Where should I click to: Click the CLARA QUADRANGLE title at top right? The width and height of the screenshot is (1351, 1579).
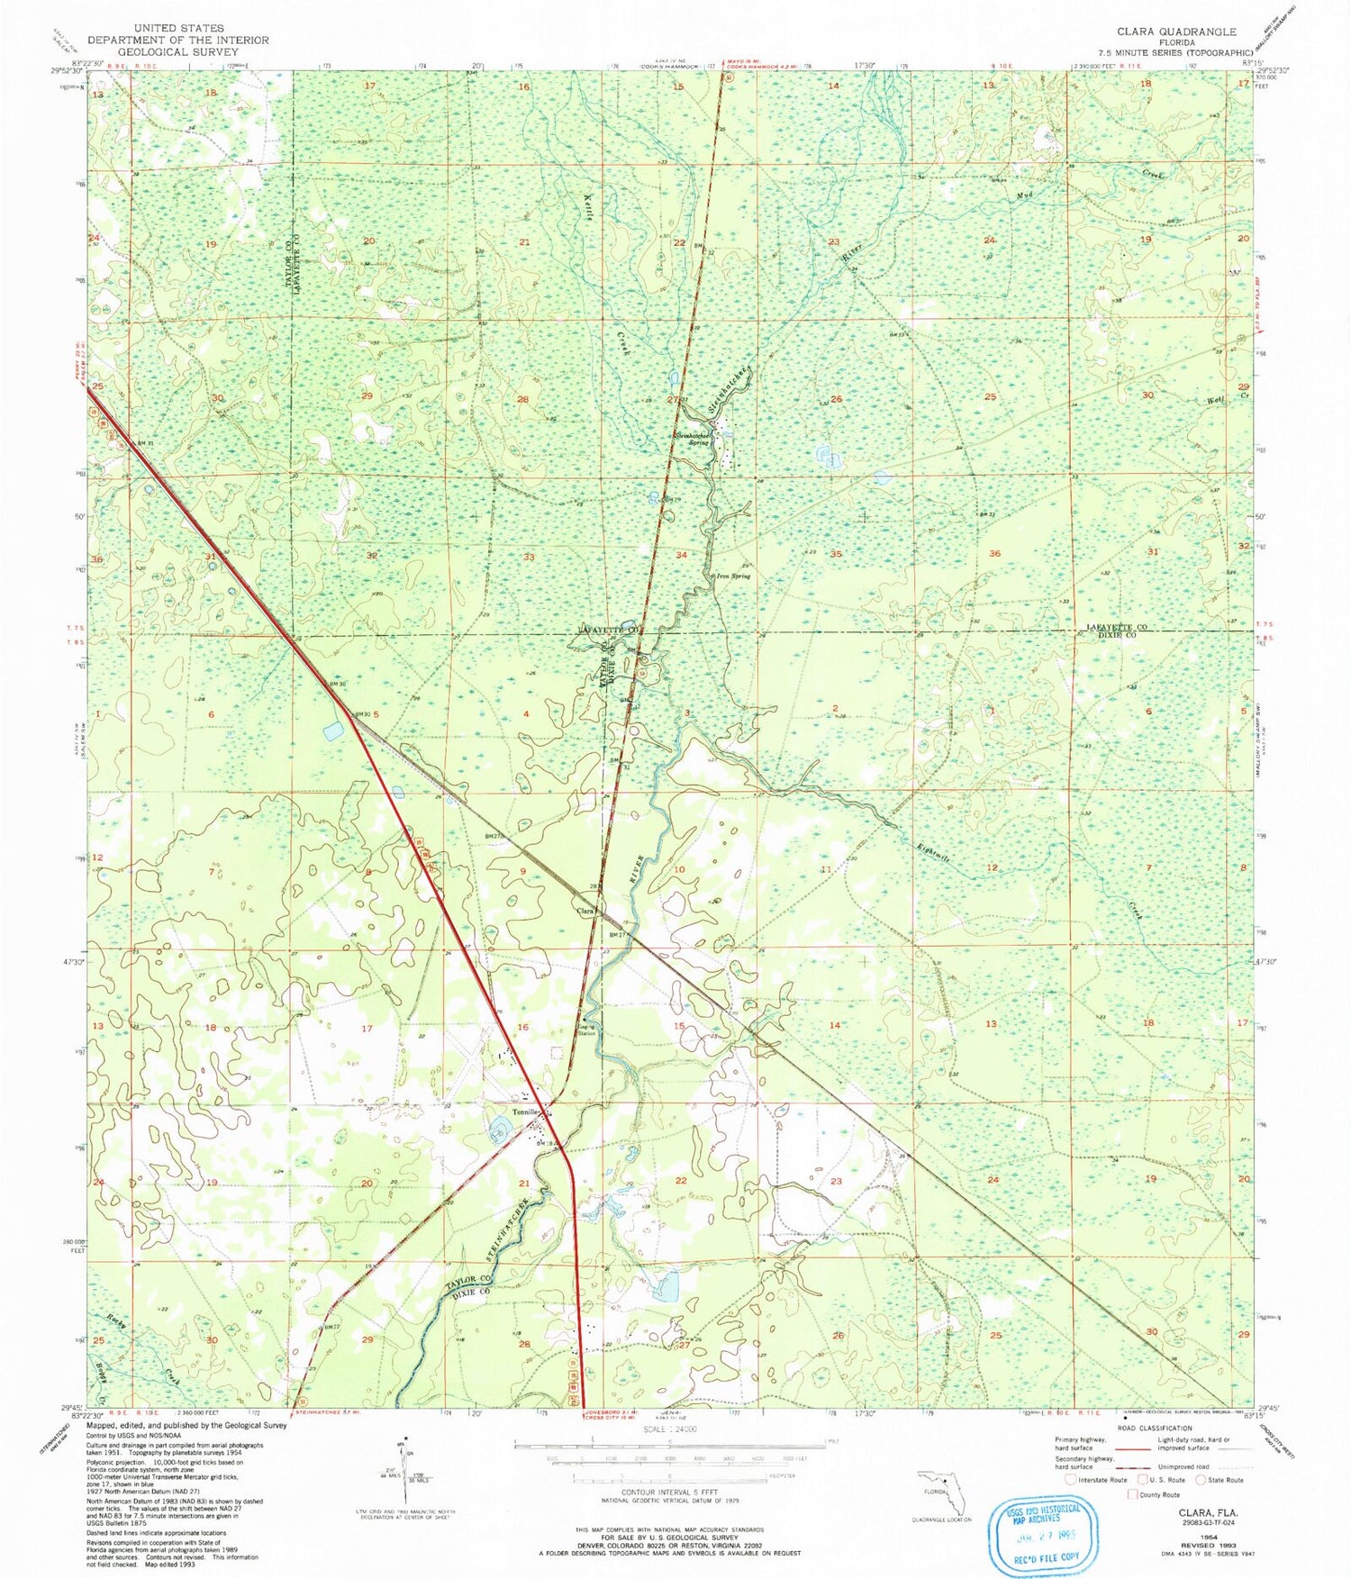pyautogui.click(x=1178, y=31)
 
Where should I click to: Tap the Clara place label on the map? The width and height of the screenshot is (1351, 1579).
pyautogui.click(x=585, y=911)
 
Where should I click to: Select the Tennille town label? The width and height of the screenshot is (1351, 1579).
pyautogui.click(x=525, y=1112)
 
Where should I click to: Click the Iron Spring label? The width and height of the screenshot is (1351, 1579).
pyautogui.click(x=732, y=576)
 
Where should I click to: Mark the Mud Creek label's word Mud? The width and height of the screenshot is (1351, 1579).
pyautogui.click(x=1023, y=195)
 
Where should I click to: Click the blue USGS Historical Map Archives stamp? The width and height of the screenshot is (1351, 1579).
pyautogui.click(x=1045, y=1530)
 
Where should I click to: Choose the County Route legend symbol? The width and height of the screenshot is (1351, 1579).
pyautogui.click(x=1132, y=1494)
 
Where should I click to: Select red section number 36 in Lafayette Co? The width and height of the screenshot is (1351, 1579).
pyautogui.click(x=993, y=553)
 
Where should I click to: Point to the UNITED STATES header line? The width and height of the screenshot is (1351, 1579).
pyautogui.click(x=177, y=28)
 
